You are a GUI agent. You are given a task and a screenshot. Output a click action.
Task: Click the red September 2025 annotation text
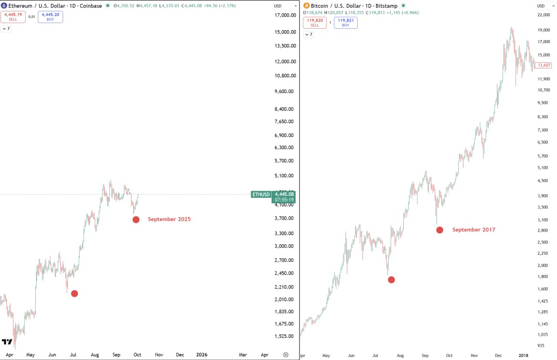point(169,219)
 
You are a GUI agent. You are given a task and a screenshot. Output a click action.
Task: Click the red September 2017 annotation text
point(473,230)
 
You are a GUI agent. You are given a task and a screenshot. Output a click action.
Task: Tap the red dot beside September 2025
point(136,219)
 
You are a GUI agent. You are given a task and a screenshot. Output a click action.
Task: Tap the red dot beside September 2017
point(440,230)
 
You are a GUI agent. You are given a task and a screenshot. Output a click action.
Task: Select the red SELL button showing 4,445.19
point(13,17)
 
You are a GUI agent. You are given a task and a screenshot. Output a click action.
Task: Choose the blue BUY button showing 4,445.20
point(50,17)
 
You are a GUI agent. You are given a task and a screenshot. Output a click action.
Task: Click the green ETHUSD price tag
point(261,195)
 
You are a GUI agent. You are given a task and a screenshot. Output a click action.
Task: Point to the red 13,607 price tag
point(543,65)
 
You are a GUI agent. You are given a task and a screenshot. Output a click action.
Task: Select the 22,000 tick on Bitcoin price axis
point(544,15)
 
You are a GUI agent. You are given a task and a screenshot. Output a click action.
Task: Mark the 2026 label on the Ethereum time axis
point(201,355)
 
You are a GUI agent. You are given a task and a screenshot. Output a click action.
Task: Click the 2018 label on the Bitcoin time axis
point(523,356)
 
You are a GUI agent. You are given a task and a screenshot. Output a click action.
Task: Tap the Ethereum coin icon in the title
point(4,6)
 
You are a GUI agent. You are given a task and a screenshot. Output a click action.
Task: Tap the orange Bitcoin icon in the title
point(306,6)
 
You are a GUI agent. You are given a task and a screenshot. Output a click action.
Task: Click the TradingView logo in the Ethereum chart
point(7,342)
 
